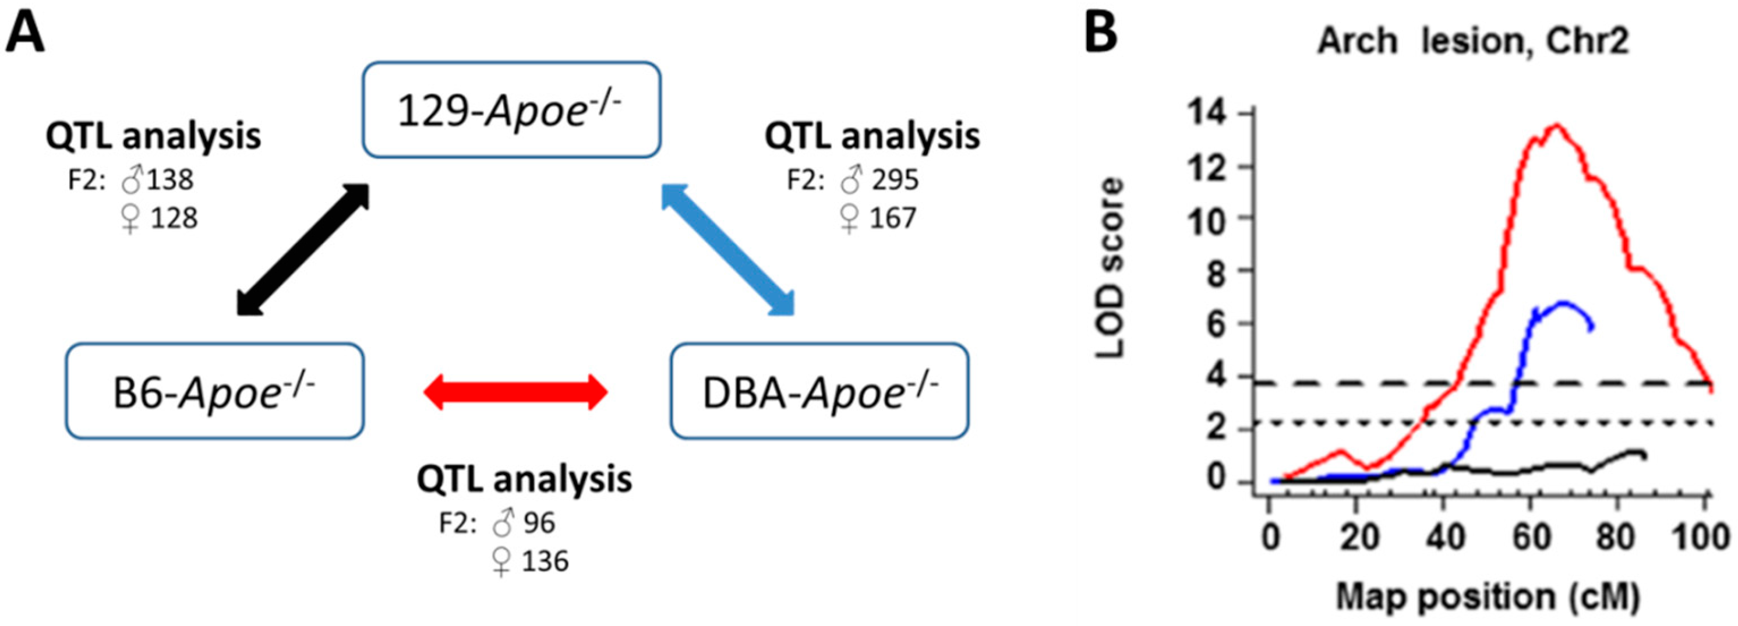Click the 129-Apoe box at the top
coord(511,110)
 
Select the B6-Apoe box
coord(214,391)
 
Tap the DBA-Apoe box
coord(819,391)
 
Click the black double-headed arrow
coord(303,250)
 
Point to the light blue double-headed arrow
coord(727,250)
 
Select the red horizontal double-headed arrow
coord(515,392)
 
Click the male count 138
coord(171,180)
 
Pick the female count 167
coord(893,218)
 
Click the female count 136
coord(545,561)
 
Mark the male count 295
coord(895,180)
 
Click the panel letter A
coord(25,33)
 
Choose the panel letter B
coord(1101,33)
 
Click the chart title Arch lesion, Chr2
coord(1473,41)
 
